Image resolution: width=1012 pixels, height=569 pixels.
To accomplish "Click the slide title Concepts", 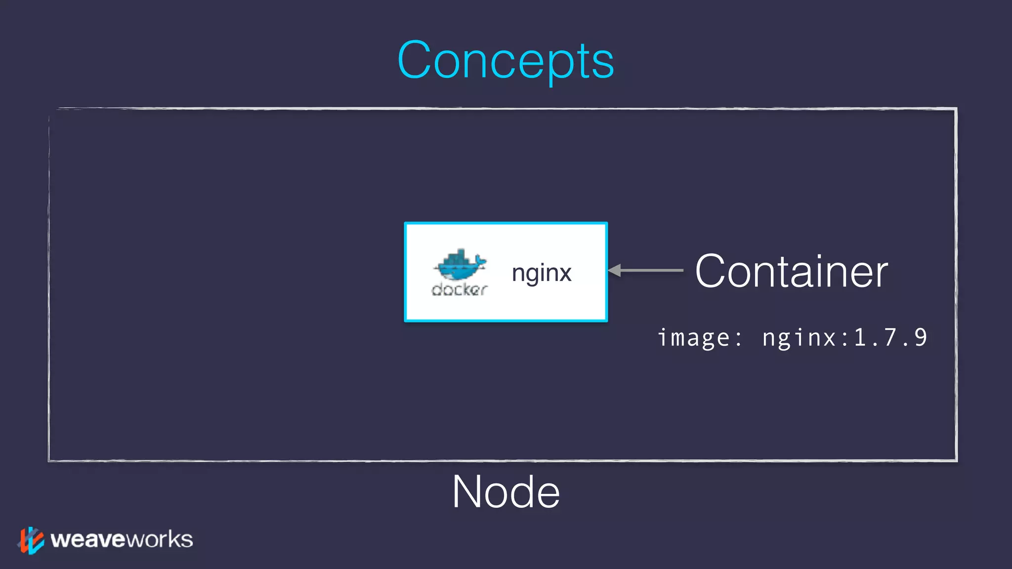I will coord(506,60).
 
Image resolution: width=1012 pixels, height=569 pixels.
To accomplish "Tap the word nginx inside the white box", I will coord(542,273).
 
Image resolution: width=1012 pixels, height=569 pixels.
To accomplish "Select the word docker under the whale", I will coord(460,289).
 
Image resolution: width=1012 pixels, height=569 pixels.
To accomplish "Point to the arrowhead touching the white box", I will coord(614,270).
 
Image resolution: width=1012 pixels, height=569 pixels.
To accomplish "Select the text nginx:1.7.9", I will coord(844,338).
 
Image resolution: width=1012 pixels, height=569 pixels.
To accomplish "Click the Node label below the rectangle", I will coord(506,492).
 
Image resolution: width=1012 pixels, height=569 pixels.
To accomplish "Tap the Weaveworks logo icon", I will coord(31,540).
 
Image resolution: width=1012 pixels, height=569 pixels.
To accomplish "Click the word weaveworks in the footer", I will coord(122,539).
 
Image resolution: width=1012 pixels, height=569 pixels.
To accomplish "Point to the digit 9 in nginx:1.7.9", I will coord(920,337).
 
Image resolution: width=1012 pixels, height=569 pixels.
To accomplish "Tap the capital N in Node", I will coord(467,492).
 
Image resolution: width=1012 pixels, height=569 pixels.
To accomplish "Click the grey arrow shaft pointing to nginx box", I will coord(652,270).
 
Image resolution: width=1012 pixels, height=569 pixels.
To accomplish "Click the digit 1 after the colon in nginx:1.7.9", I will coord(860,337).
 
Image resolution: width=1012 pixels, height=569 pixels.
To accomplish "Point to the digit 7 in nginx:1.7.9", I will coord(890,337).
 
